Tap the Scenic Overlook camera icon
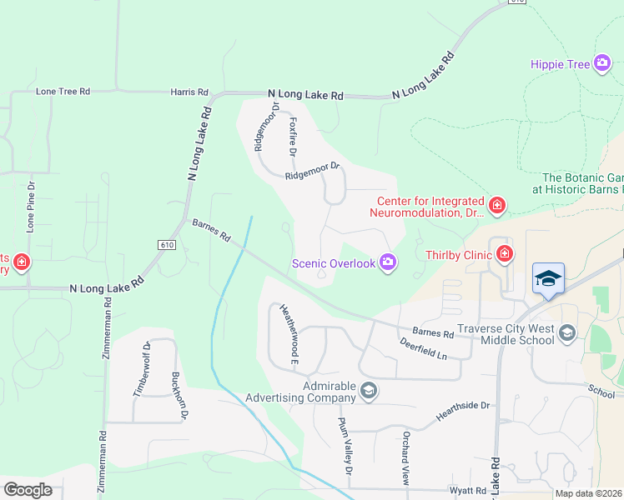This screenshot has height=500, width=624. [x=387, y=263]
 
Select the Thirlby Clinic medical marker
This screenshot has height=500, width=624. [x=505, y=253]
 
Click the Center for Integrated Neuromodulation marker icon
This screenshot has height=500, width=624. [x=496, y=205]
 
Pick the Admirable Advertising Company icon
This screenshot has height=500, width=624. [x=369, y=390]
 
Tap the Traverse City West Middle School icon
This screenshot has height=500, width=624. [x=567, y=334]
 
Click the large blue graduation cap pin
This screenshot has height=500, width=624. [x=548, y=278]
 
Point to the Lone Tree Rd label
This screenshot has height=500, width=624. [x=63, y=92]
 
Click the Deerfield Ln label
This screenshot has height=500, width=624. [x=423, y=347]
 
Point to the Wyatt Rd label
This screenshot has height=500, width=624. [x=469, y=490]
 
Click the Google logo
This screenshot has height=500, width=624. [x=28, y=490]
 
